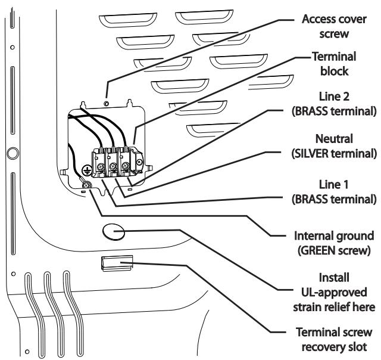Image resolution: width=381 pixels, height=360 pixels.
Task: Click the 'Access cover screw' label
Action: coord(334,26)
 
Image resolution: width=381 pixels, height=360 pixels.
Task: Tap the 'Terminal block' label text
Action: coord(334,64)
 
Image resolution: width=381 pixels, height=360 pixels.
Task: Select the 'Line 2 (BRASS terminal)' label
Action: coord(334,104)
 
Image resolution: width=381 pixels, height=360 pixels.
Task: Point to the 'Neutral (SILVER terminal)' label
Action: coord(334,146)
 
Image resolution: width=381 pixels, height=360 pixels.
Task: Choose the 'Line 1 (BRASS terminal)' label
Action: coord(334,192)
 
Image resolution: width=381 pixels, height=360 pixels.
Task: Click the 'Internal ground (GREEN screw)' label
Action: coord(334,243)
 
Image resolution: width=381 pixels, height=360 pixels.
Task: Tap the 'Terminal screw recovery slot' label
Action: coord(334,340)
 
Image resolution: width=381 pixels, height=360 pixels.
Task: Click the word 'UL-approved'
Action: coord(334,293)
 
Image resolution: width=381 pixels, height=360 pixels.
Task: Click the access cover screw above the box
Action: coord(106,104)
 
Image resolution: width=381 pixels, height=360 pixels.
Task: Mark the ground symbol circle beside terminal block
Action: coord(87,170)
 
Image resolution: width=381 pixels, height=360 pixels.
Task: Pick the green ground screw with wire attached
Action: coord(86,185)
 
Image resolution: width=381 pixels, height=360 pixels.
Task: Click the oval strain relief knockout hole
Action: coord(114,232)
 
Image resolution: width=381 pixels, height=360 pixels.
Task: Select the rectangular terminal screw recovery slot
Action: coord(117,263)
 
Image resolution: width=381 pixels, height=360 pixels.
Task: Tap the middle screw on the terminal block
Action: coord(113,167)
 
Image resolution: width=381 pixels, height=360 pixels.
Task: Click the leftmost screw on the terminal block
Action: coord(101,167)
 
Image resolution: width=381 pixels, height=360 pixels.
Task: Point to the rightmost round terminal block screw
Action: coord(126,166)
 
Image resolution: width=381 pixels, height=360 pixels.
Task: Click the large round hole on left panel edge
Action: coord(13,154)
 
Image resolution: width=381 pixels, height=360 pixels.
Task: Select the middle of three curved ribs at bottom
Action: coord(55,315)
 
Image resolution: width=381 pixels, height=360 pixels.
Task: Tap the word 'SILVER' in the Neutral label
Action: coord(311,154)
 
